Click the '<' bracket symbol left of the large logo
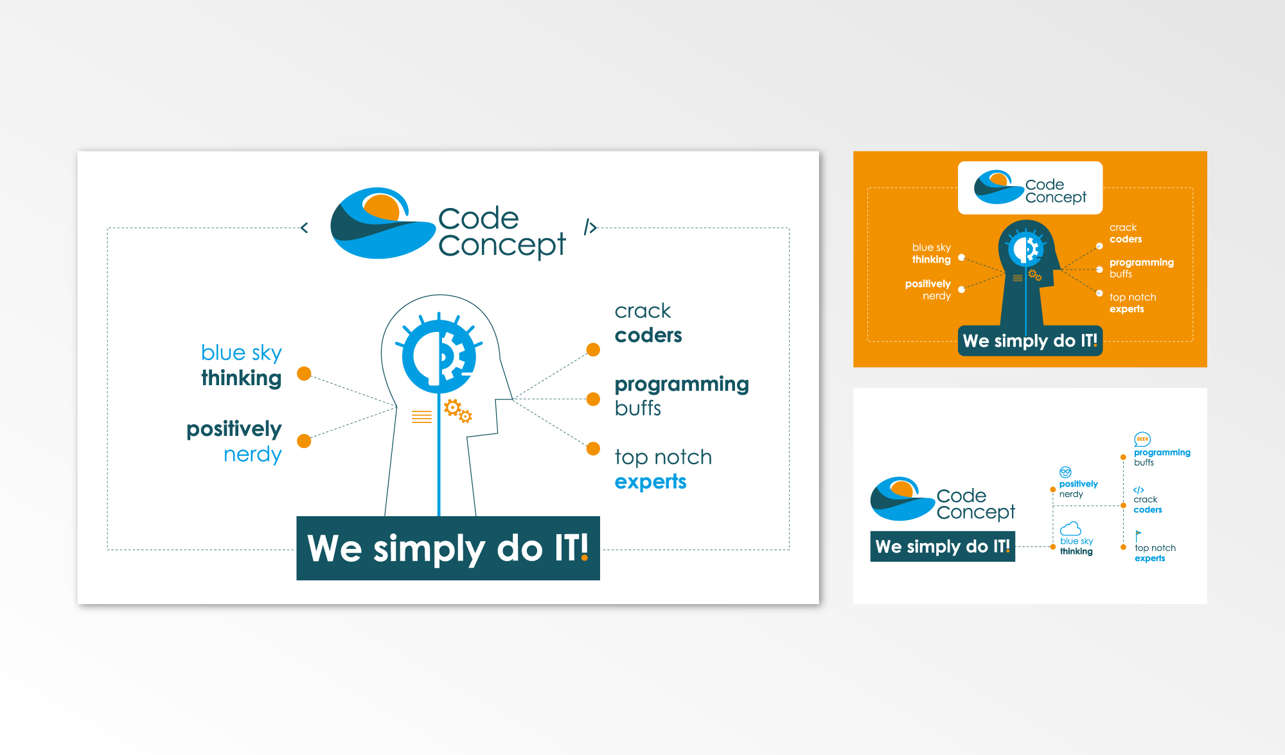[x=305, y=227]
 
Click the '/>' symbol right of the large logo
[x=590, y=227]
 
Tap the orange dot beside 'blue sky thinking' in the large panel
[x=304, y=374]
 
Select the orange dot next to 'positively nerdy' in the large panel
[x=304, y=441]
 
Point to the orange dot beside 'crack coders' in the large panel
[x=593, y=349]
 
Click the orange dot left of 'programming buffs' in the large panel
[x=593, y=399]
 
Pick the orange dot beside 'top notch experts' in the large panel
[x=593, y=448]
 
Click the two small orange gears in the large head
[x=458, y=411]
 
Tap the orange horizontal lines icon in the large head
[x=421, y=417]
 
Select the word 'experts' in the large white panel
[x=650, y=482]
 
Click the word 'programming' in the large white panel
[x=682, y=385]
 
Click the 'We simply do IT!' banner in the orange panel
[x=1030, y=341]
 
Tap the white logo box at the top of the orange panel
[x=1030, y=187]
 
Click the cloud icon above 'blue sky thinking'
[x=1070, y=528]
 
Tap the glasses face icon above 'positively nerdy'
[x=1065, y=473]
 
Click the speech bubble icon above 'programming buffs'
[x=1142, y=439]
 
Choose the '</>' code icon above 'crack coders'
[x=1139, y=490]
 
